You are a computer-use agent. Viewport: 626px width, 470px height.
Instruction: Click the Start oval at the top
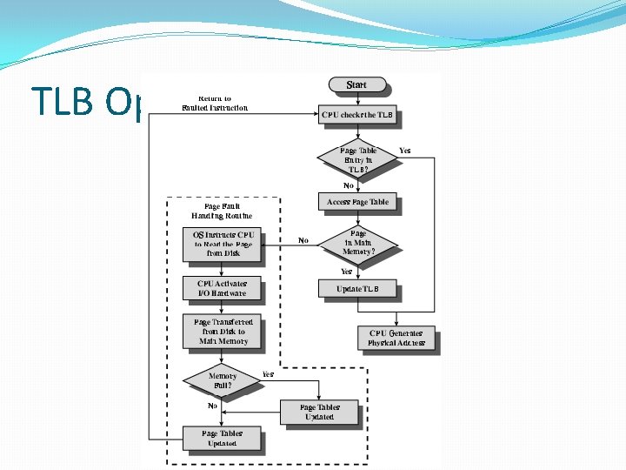pos(356,85)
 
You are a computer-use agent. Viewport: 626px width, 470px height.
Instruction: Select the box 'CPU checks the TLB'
pos(356,115)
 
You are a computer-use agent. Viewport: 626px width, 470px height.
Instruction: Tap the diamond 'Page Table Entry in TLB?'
pos(356,160)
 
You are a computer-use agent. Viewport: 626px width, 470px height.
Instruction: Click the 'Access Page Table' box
pos(356,202)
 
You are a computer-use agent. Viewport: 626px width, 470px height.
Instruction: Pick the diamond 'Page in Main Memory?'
pos(356,245)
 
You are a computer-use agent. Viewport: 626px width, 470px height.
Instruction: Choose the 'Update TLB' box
pos(356,288)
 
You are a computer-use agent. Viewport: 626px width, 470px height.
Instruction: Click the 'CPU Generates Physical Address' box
pos(396,339)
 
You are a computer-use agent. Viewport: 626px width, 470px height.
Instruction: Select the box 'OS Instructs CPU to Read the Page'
pos(223,245)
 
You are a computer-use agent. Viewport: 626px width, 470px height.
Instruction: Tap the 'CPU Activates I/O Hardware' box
pos(223,288)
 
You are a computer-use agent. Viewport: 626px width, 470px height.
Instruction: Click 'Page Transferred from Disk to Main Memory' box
pos(223,332)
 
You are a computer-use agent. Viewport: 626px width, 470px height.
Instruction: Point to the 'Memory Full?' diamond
pos(223,381)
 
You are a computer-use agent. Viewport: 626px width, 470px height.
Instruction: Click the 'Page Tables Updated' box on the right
pos(319,412)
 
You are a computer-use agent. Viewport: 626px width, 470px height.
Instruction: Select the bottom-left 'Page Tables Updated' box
pos(223,438)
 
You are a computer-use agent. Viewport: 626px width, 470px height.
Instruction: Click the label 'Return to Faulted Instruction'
pos(215,104)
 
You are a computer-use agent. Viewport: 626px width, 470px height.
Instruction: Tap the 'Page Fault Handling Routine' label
pos(223,211)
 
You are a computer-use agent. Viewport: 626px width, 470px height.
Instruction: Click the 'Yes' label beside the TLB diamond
pos(404,151)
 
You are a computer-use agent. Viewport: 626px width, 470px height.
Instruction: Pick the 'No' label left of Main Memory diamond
pos(303,240)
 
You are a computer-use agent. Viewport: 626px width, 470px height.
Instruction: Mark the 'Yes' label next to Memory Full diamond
pos(269,374)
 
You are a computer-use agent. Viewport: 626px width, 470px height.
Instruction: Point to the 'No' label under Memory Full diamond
pos(212,406)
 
